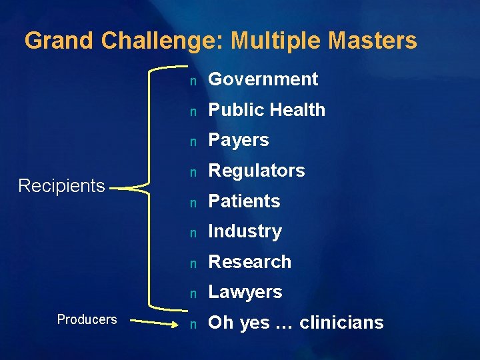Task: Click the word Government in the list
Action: coord(263,79)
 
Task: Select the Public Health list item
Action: coord(267,110)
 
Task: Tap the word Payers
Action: coord(239,140)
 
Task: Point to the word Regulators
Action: coord(257,171)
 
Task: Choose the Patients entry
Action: coord(244,201)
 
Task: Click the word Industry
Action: coord(245,231)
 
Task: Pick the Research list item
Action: coord(250,261)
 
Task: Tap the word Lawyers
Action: coord(245,292)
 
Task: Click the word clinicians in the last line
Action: coord(341,323)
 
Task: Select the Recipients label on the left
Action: coord(61,185)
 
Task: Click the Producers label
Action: coord(87,319)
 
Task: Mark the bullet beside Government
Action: coord(192,81)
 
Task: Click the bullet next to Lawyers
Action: coord(192,293)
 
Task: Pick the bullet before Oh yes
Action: coord(192,324)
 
